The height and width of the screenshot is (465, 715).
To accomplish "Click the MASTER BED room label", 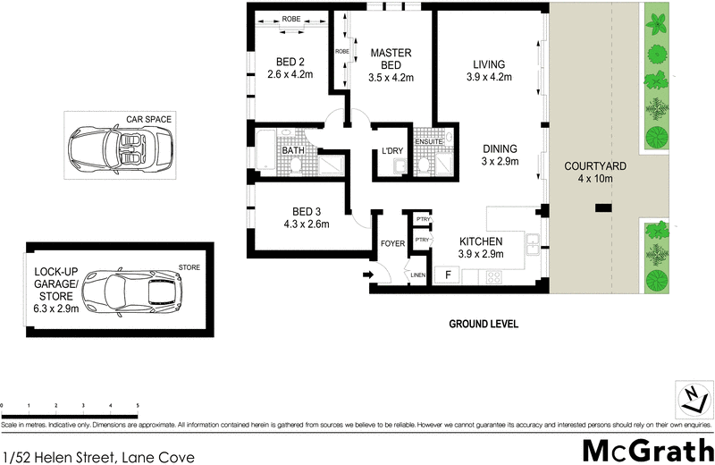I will tap(390, 54).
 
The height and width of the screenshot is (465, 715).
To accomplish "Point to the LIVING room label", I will tap(488, 64).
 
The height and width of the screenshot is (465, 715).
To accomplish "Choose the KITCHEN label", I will tap(481, 241).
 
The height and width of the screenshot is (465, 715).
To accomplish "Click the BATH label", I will tap(294, 150).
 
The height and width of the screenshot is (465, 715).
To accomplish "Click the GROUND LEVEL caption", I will tap(483, 324).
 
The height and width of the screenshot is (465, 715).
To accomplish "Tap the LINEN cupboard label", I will tap(417, 275).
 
